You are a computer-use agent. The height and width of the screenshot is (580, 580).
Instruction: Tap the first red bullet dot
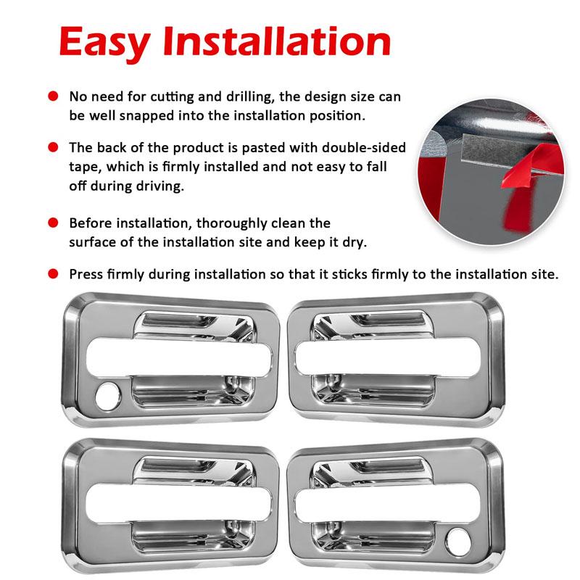click(53, 96)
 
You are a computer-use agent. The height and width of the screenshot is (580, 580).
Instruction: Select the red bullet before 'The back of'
click(53, 147)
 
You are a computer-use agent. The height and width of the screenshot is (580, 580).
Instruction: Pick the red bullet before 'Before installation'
click(53, 223)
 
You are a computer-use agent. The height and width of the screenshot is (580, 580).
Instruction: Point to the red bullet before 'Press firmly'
click(53, 274)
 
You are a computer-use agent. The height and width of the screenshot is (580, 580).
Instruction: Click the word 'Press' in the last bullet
click(87, 274)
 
